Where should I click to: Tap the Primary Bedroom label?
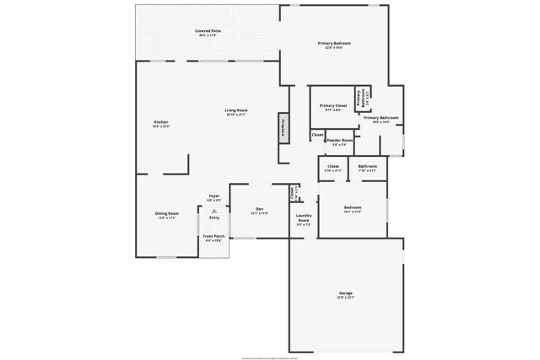point(334,43)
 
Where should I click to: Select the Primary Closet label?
point(333,105)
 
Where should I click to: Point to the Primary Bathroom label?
point(381,117)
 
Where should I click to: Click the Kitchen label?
point(161,122)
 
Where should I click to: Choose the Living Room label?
point(235,110)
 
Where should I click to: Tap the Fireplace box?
point(284,127)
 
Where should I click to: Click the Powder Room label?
point(339,140)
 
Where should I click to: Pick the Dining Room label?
point(167,213)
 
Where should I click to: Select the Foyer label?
point(214,196)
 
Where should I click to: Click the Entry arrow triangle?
point(213,211)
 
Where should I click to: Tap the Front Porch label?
point(213,236)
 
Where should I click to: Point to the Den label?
point(259,208)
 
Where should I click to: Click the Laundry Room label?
point(304,218)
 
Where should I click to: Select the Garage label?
point(346,293)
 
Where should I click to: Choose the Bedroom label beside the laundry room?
point(352,207)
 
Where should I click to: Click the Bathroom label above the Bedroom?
point(367,166)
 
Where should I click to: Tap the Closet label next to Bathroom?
point(332,166)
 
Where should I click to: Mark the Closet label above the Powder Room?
point(317,135)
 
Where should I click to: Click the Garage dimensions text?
point(346,298)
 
